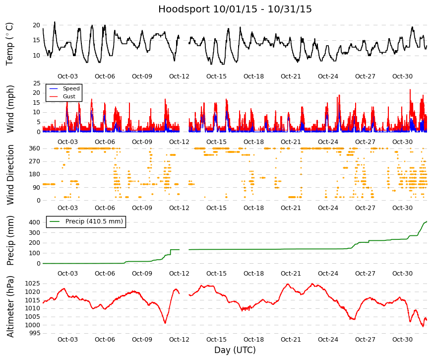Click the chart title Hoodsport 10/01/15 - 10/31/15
tap(235, 9)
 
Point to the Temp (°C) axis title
tap(9, 44)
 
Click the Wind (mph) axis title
tap(10, 109)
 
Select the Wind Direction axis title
tap(10, 175)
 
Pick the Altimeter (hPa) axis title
tap(10, 306)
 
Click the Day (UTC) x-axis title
tap(235, 350)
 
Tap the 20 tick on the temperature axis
tap(36, 25)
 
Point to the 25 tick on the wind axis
tap(37, 83)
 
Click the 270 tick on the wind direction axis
tap(35, 161)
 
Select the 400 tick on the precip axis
tap(35, 222)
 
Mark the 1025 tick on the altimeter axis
tap(33, 284)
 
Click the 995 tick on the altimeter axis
tap(35, 333)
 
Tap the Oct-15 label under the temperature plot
tap(216, 76)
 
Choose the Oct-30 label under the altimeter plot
tap(402, 340)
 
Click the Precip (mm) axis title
tap(10, 240)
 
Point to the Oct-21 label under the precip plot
tap(291, 274)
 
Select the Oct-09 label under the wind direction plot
tap(142, 208)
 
